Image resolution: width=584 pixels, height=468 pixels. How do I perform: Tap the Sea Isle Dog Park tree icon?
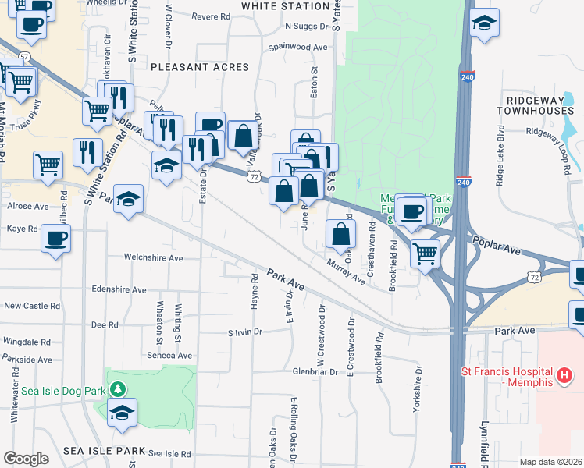(x=117, y=388)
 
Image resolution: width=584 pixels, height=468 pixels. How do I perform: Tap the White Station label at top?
(x=285, y=6)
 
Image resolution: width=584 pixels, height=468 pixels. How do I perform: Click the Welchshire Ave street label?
(x=153, y=257)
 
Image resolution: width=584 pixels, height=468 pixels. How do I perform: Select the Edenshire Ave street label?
(x=119, y=289)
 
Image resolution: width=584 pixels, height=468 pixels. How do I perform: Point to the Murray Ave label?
(x=346, y=271)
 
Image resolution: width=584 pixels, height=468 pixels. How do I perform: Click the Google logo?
(x=26, y=459)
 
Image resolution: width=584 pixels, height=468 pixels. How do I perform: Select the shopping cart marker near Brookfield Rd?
(x=425, y=252)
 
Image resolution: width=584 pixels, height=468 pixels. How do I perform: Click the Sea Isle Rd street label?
(x=169, y=453)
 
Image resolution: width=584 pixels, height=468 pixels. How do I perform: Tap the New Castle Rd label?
(x=27, y=306)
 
